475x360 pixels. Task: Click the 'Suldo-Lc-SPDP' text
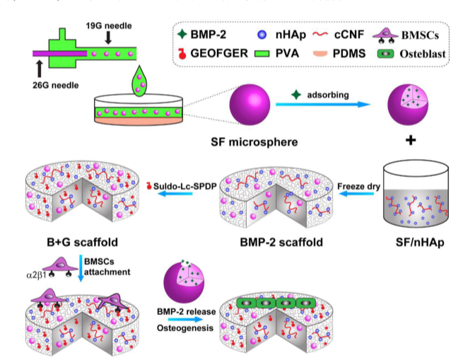pyautogui.click(x=183, y=186)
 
